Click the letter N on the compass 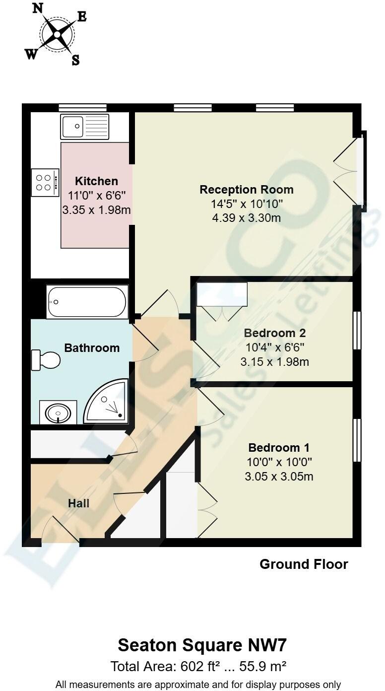(37, 8)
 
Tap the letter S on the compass (75, 61)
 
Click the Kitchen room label (96, 181)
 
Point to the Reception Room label (246, 190)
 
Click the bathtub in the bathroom (87, 302)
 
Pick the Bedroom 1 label (279, 447)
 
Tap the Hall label (78, 503)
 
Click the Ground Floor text (304, 564)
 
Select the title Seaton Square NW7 (202, 645)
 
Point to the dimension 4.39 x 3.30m (246, 217)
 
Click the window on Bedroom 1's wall (356, 440)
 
